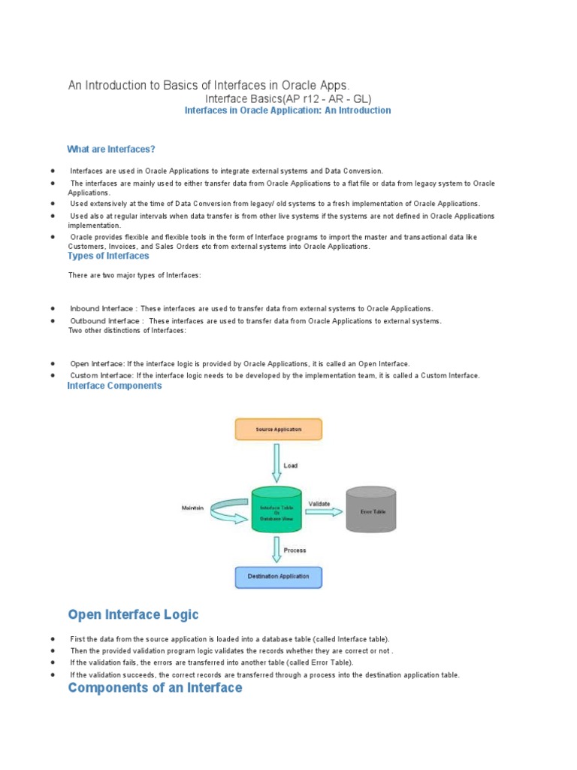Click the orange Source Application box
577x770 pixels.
[279, 429]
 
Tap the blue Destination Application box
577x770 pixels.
[278, 577]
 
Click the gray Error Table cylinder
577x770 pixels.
[371, 511]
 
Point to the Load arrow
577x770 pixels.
[277, 464]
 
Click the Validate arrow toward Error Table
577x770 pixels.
[322, 511]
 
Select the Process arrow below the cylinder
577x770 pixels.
[277, 549]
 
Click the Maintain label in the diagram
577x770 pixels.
[192, 508]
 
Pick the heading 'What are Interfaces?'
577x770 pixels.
[111, 149]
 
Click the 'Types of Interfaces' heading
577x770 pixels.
[108, 256]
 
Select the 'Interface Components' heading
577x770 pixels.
[114, 386]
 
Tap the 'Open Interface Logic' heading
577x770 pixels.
[134, 615]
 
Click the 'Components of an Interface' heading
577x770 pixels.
[156, 687]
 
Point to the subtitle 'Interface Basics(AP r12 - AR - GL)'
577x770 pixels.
[288, 99]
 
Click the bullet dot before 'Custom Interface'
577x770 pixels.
[53, 375]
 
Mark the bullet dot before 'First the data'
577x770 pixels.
[53, 638]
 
